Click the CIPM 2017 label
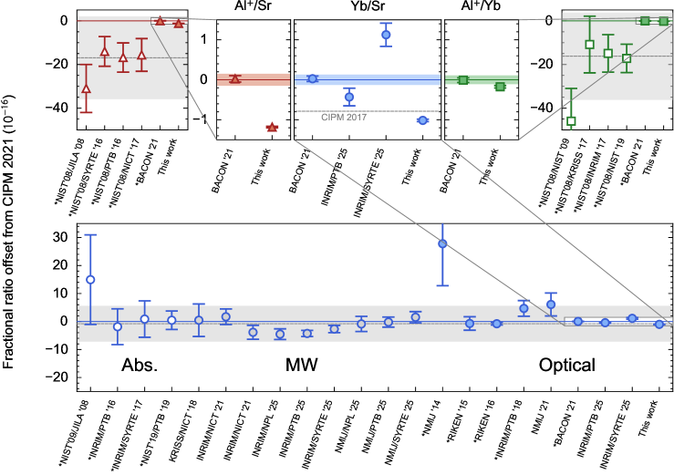pos(344,118)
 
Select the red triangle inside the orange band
pos(235,78)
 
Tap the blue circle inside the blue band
pos(312,79)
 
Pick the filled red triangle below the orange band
pos(272,128)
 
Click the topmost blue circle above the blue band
pos(386,35)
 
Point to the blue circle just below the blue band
pos(349,97)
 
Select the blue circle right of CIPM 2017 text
pos(422,120)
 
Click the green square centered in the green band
pos(463,80)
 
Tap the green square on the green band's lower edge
pos(500,87)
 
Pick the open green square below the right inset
pos(571,120)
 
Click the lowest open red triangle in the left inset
pos(86,89)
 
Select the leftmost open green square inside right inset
pos(589,45)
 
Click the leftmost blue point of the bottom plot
pos(90,280)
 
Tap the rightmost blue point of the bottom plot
pos(659,324)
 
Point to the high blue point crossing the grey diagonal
pos(442,243)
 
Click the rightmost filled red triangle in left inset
pos(179,24)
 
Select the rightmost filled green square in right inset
pos(663,21)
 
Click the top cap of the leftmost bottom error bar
pos(90,235)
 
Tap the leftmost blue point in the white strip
pos(577,321)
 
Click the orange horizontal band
pos(254,79)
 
